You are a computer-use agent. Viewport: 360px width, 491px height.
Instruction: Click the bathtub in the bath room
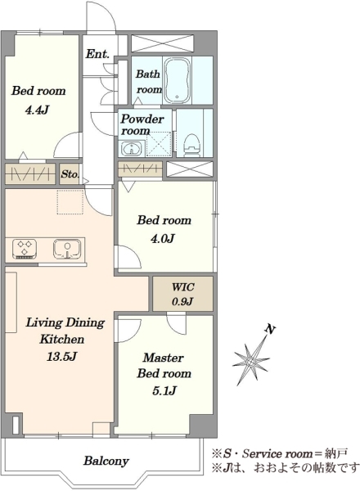178,80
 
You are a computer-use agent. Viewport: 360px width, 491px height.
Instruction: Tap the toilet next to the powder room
192,145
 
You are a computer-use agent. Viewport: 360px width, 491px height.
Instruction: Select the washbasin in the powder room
132,148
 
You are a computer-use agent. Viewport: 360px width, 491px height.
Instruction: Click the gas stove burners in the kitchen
25,249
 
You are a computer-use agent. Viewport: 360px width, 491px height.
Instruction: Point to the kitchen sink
68,249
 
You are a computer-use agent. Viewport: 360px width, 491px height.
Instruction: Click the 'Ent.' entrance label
97,54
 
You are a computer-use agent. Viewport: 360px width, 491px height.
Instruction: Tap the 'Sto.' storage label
70,174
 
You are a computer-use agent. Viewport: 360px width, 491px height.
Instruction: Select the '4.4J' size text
37,110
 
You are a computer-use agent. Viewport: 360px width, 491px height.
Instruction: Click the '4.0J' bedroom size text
163,239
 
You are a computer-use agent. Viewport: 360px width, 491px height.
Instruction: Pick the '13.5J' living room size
61,356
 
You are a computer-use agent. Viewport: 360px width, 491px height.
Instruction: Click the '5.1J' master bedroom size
164,390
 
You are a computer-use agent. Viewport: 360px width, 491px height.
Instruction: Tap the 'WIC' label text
183,287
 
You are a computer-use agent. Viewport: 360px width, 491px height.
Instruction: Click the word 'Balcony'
106,461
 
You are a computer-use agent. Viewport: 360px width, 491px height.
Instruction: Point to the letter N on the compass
270,330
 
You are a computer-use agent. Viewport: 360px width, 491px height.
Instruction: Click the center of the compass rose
251,362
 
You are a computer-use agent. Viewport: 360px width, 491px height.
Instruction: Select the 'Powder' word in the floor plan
142,119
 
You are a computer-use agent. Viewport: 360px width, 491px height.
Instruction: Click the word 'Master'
163,358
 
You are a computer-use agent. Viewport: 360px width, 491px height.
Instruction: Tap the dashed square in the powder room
159,144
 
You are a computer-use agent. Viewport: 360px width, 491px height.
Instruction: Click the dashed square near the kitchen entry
70,202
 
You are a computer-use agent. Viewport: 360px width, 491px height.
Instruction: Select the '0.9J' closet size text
182,301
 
